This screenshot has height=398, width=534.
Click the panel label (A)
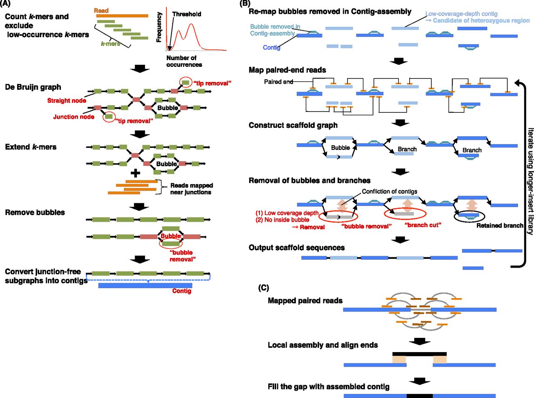pyautogui.click(x=6, y=4)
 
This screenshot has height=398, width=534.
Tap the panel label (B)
pyautogui.click(x=245, y=4)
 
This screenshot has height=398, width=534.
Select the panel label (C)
pyautogui.click(x=264, y=288)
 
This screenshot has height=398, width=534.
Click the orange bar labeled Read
pyautogui.click(x=121, y=16)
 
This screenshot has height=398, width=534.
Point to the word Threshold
pyautogui.click(x=186, y=14)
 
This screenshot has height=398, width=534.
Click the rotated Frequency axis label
pyautogui.click(x=159, y=27)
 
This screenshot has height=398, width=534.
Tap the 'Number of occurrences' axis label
pyautogui.click(x=184, y=61)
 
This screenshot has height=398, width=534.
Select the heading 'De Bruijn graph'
pyautogui.click(x=33, y=87)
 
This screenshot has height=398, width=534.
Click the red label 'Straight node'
pyautogui.click(x=67, y=101)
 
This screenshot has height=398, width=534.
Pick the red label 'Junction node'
pyautogui.click(x=73, y=117)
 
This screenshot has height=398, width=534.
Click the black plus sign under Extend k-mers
pyautogui.click(x=136, y=173)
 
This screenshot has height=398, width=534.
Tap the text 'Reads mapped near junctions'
pyautogui.click(x=191, y=189)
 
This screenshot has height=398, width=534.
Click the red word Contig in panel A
pyautogui.click(x=181, y=291)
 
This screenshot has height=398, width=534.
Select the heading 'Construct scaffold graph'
pyautogui.click(x=293, y=125)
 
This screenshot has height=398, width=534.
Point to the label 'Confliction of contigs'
pyautogui.click(x=389, y=191)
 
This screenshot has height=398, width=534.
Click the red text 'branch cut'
pyautogui.click(x=423, y=225)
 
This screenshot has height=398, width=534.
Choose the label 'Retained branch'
pyautogui.click(x=499, y=226)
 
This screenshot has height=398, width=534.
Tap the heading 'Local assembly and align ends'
pyautogui.click(x=322, y=345)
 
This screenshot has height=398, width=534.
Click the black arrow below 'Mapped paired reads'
pyautogui.click(x=419, y=341)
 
